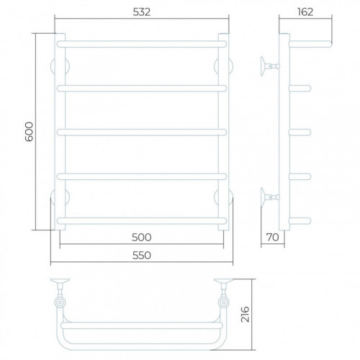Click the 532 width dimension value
click(x=142, y=12)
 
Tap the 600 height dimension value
click(x=30, y=132)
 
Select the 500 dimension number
click(x=142, y=238)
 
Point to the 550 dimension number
click(x=142, y=256)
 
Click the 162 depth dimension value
click(x=305, y=12)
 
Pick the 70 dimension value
click(x=273, y=238)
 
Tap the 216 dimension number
click(x=246, y=314)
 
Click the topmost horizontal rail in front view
click(x=142, y=44)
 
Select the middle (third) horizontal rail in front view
click(x=142, y=132)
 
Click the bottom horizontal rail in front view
click(x=142, y=221)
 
